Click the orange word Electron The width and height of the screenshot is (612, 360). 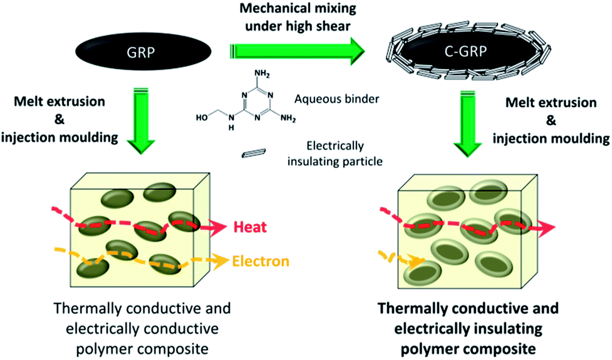pos(261,260)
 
